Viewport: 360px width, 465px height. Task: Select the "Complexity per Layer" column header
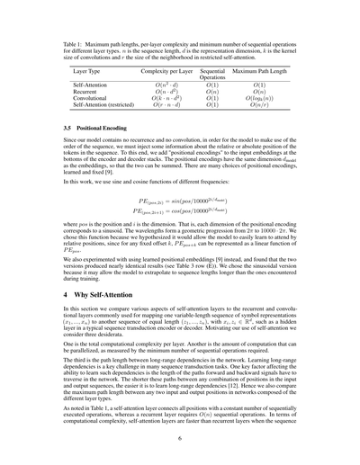click(x=159, y=68)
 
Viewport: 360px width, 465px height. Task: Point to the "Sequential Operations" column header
click(x=212, y=72)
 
